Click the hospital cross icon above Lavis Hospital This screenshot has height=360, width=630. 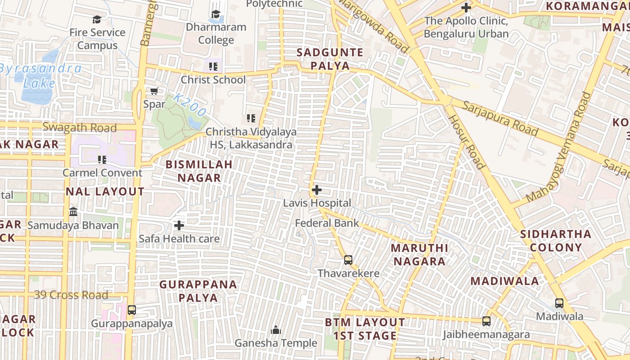coord(317,190)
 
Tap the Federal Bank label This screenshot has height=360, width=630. coord(327,223)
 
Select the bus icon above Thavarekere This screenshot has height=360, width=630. coord(348,260)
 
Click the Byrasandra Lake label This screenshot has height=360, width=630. coord(40,76)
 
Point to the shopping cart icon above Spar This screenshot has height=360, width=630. coord(154,91)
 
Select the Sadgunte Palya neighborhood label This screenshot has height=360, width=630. coord(330,59)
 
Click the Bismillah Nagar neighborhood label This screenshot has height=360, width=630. coord(199,171)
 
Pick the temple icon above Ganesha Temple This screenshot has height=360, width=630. coord(276,330)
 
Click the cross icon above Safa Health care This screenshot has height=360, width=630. coord(179,225)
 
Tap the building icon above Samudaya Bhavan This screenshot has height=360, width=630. coord(73,211)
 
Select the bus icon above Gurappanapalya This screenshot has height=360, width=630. coord(131,310)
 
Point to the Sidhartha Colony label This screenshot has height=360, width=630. coord(556,241)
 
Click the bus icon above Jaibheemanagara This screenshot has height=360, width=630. coord(486,321)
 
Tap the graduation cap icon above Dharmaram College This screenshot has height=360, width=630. coord(216,14)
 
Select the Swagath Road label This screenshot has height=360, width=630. coord(80,127)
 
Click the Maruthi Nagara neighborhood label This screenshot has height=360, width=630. coord(419,255)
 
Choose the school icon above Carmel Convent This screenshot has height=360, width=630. coord(102,159)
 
